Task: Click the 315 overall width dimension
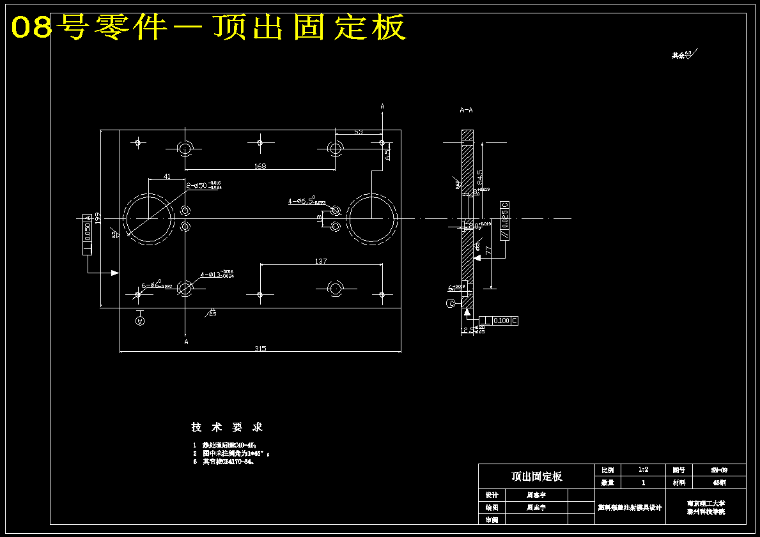[x=260, y=349]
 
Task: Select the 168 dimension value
[x=260, y=166]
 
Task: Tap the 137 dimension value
[x=321, y=261]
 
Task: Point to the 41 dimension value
[x=167, y=176]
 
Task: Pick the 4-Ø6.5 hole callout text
[x=306, y=201]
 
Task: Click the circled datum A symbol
[x=141, y=321]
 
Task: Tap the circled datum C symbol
[x=450, y=303]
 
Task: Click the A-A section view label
[x=466, y=110]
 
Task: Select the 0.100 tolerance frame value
[x=501, y=321]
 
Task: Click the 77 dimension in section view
[x=488, y=252]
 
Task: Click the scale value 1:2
[x=643, y=470]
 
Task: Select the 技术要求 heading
[x=227, y=427]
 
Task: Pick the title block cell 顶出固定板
[x=536, y=476]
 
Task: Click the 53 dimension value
[x=358, y=132]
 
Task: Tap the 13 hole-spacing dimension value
[x=320, y=218]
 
